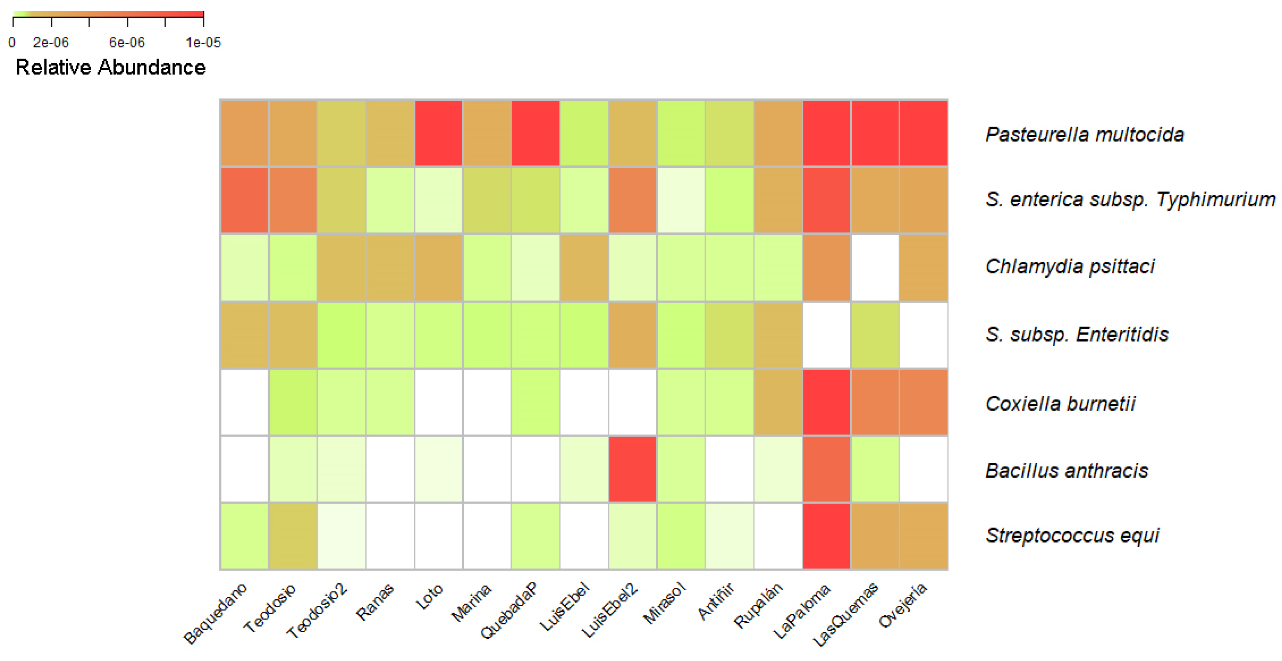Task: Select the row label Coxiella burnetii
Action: point(1060,404)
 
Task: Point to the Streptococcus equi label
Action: point(1072,536)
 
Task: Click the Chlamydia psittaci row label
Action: point(1070,267)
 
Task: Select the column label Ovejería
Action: point(902,605)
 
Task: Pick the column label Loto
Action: point(429,597)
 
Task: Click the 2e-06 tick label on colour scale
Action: point(51,43)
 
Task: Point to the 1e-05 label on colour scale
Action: point(203,43)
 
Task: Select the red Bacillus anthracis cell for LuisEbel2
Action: point(632,469)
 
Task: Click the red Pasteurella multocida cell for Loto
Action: point(438,133)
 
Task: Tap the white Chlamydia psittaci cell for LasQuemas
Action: point(875,268)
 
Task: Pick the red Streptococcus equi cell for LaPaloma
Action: point(826,536)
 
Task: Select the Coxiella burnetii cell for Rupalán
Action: point(778,402)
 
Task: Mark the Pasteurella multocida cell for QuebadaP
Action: point(535,133)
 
